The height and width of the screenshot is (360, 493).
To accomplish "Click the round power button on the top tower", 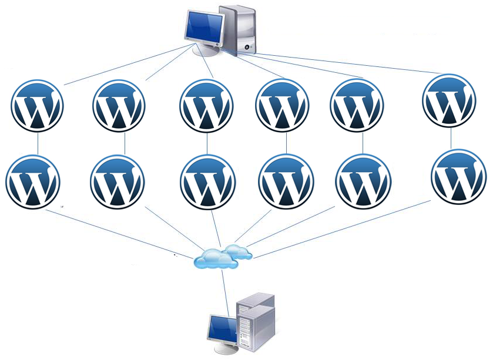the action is pyautogui.click(x=247, y=48).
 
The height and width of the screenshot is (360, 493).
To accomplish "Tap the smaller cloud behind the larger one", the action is pyautogui.click(x=239, y=251).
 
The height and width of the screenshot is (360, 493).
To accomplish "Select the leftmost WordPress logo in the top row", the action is pyautogui.click(x=37, y=106).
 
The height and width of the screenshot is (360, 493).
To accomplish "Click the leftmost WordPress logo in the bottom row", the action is pyautogui.click(x=33, y=182).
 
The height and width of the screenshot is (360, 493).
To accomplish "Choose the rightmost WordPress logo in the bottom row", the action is pyautogui.click(x=459, y=177).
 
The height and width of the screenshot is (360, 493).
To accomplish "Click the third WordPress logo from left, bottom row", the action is pyautogui.click(x=208, y=182).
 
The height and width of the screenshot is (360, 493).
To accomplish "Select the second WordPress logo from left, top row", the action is pyautogui.click(x=119, y=106).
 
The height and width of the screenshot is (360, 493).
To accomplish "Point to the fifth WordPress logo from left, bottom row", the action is pyautogui.click(x=363, y=181).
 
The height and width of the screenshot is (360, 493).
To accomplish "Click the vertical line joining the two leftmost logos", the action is pyautogui.click(x=38, y=143).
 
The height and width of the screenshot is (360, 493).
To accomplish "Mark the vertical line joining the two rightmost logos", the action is pyautogui.click(x=451, y=138).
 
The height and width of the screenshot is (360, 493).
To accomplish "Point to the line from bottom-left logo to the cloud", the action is pyautogui.click(x=120, y=234).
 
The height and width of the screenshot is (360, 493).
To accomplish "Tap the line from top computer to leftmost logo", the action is pyautogui.click(x=128, y=65).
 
